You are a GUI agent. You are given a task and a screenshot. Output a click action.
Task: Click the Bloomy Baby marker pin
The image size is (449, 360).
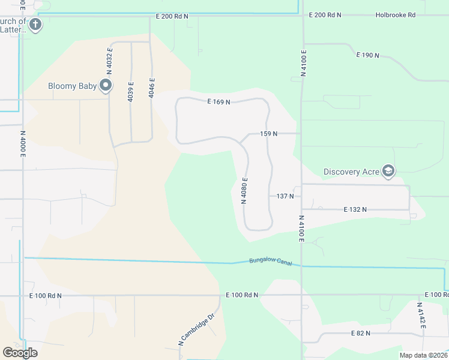coord(106,85)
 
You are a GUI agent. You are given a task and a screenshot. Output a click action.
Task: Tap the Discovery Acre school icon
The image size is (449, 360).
coord(388,172)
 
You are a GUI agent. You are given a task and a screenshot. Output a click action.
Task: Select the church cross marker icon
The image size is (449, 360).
coord(35,25)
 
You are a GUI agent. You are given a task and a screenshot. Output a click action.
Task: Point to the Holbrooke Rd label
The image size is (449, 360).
coord(396,15)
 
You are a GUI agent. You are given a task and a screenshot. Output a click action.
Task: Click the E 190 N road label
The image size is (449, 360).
coord(367,55)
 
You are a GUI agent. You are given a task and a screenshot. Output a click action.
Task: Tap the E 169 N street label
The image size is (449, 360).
coord(219,102)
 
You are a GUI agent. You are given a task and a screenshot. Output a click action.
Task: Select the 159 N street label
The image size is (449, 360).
coord(269,134)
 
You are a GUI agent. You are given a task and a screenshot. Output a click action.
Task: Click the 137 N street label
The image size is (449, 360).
coord(285,196)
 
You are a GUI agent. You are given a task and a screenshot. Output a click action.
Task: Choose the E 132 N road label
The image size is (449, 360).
coord(355,209)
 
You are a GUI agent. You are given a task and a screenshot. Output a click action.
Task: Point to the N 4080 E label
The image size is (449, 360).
coord(244,191)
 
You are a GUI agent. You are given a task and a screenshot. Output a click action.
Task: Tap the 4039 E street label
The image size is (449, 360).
coord(131,91)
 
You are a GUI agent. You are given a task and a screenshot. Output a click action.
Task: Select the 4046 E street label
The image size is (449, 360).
coord(152,88)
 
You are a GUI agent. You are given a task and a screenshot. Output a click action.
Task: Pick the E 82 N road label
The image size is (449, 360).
coord(360,333)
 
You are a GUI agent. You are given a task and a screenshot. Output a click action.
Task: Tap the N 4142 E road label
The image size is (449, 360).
coord(422,315)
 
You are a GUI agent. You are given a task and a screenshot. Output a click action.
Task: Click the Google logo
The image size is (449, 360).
coord(20,353)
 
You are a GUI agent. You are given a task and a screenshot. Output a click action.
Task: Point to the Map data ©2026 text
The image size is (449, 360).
coord(423,355)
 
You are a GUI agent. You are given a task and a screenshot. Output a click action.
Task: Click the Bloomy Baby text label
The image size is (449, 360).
coord(72,86)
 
